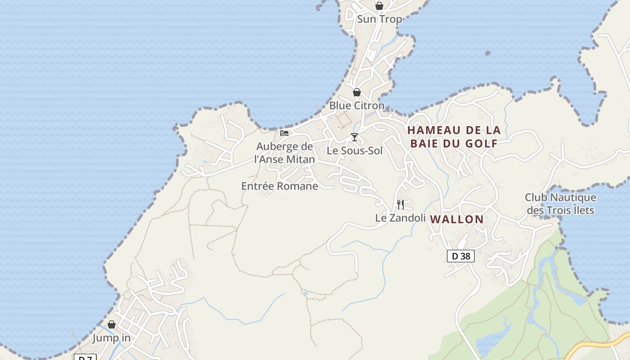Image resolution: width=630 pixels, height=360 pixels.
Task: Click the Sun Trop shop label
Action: (x=379, y=19)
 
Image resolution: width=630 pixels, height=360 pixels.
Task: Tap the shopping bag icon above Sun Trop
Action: (x=379, y=6)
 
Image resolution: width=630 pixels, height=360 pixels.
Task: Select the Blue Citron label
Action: (x=357, y=106)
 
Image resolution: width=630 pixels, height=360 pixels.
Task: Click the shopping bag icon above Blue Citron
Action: (x=357, y=92)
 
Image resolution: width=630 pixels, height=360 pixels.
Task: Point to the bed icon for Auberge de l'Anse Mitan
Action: (x=284, y=133)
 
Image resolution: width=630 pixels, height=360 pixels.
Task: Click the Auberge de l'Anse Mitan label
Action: (x=284, y=153)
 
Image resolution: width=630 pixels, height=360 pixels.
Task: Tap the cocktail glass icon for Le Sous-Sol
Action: (x=355, y=137)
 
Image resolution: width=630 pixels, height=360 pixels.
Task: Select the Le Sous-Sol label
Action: (x=355, y=151)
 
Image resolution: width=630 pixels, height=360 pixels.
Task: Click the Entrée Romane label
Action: (x=279, y=186)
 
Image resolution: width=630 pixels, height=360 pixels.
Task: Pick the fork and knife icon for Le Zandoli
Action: (x=400, y=205)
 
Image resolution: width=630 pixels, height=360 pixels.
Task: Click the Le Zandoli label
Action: (x=400, y=218)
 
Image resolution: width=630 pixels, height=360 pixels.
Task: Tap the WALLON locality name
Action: (x=457, y=220)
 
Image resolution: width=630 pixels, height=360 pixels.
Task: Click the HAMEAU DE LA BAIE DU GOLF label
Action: (x=454, y=137)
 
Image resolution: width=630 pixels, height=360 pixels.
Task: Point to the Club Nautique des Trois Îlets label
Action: (x=560, y=204)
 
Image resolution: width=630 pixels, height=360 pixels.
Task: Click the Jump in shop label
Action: (x=112, y=338)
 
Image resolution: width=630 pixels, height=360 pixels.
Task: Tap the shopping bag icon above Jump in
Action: (x=112, y=325)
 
